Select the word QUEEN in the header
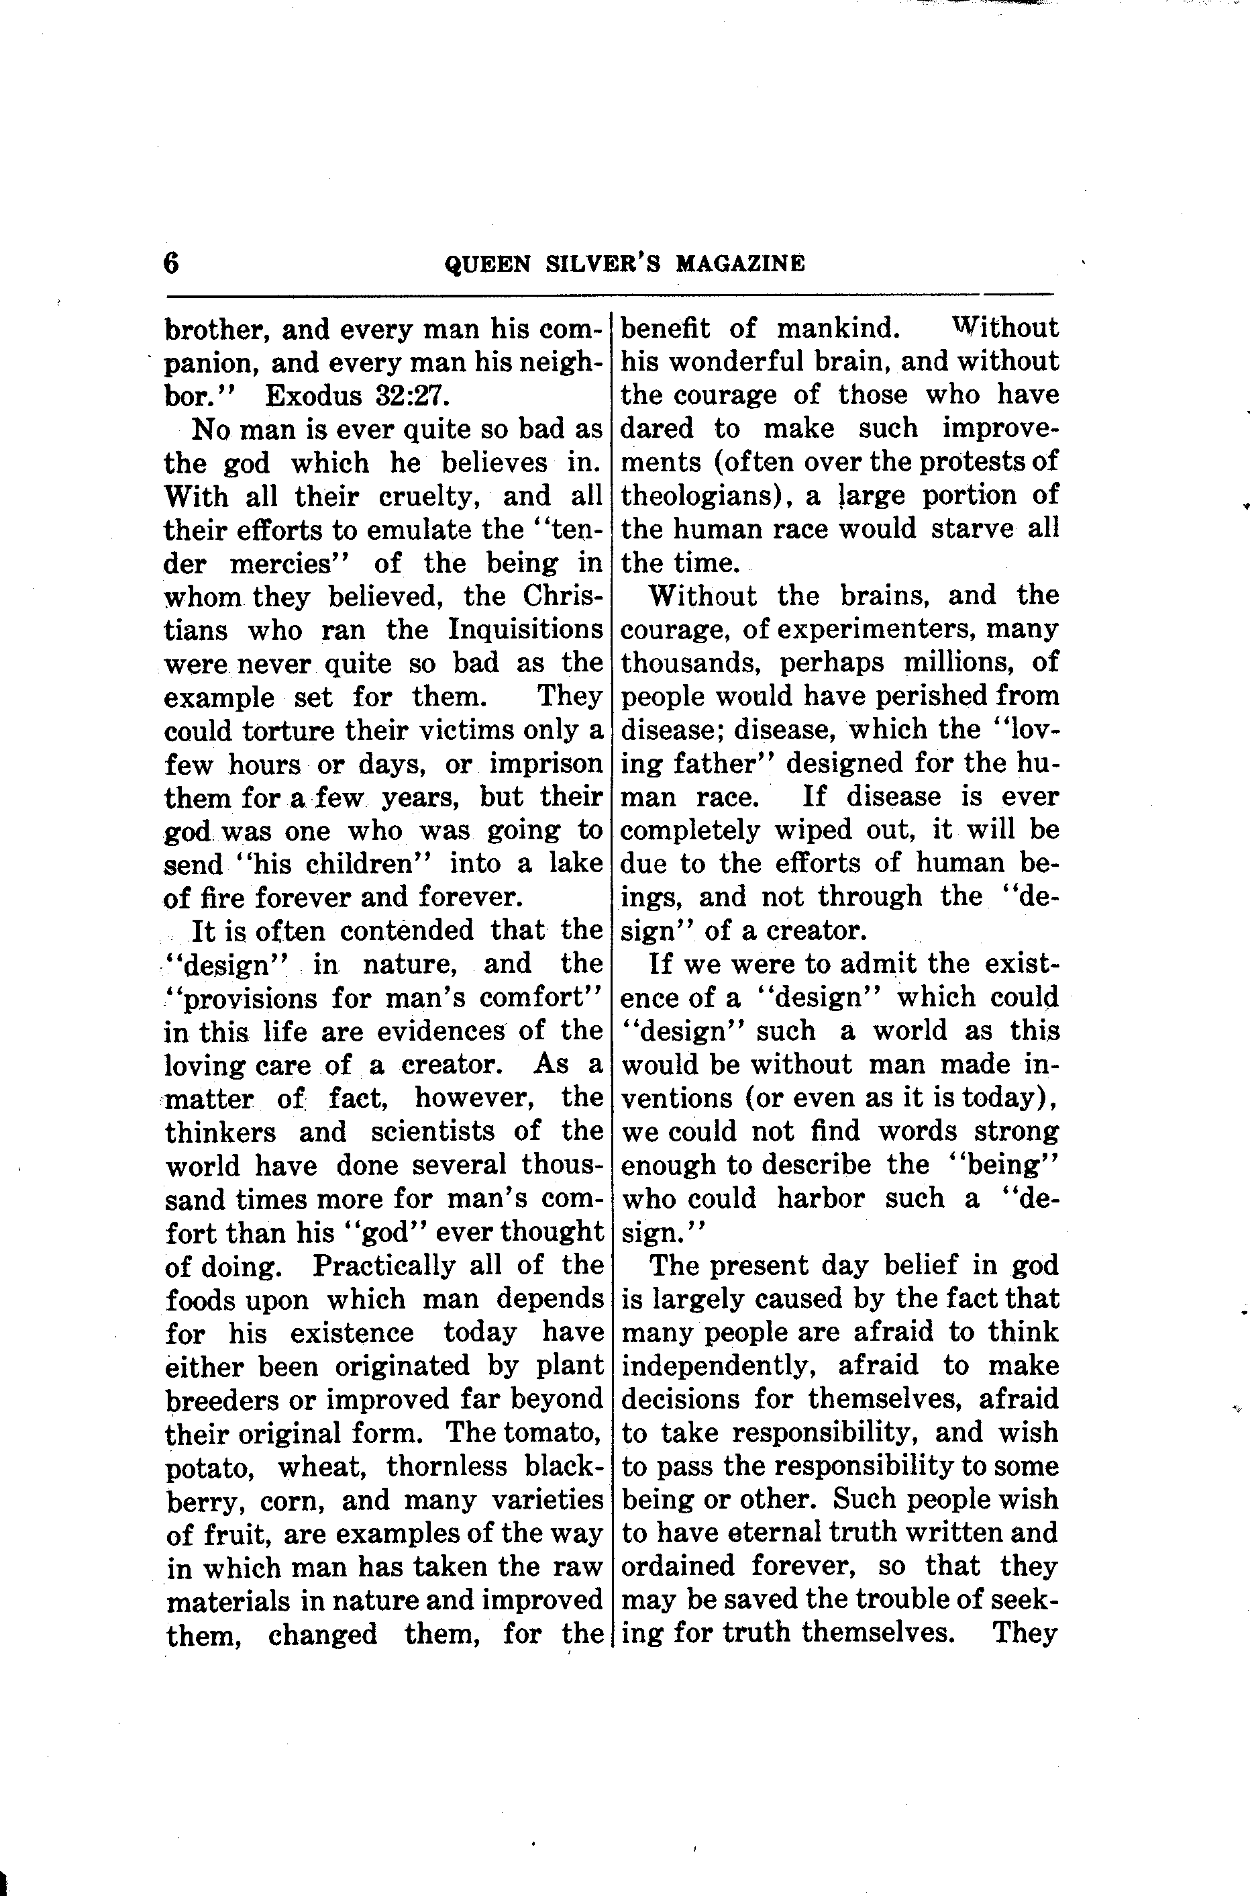(486, 264)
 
